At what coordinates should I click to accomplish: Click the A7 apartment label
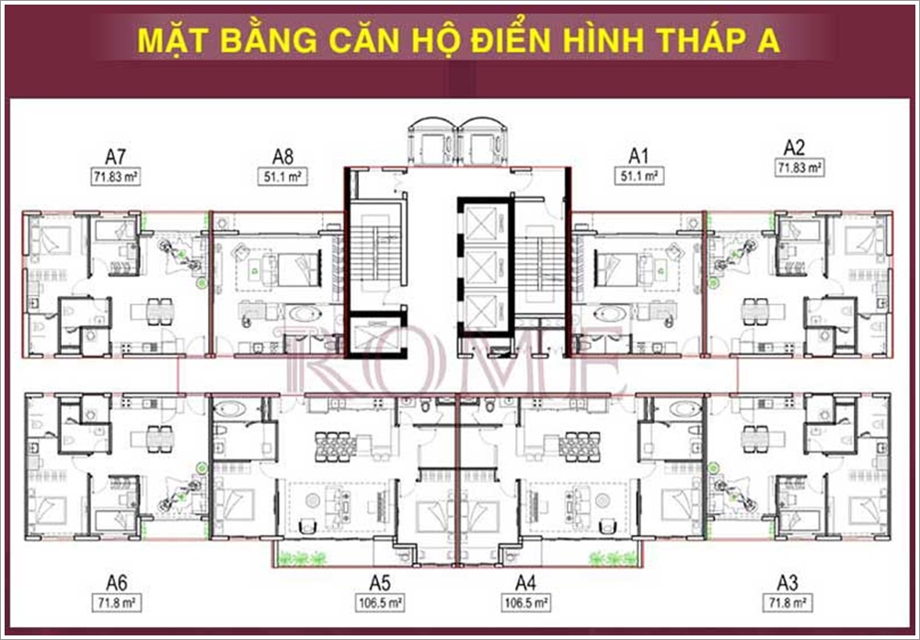(x=116, y=156)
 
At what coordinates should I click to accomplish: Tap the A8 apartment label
(x=282, y=156)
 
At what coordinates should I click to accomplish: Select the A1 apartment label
(x=638, y=156)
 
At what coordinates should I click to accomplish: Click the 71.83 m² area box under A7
(x=116, y=177)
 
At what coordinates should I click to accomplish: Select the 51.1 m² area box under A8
(x=282, y=177)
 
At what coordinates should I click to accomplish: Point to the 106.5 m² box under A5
(x=380, y=603)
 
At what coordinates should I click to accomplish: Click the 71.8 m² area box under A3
(x=788, y=603)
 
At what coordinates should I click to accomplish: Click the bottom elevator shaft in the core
(x=482, y=310)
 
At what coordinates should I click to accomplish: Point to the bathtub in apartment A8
(x=305, y=314)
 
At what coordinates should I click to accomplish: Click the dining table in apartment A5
(x=335, y=446)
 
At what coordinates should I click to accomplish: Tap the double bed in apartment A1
(x=615, y=269)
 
